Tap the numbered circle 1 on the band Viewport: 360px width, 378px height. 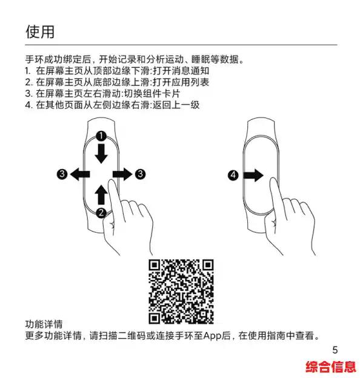pos(102,134)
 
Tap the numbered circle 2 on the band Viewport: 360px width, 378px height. pos(101,212)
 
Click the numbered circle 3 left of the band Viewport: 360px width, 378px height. pos(62,174)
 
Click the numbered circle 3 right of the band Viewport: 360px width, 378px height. pos(140,174)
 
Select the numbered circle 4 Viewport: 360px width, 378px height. pos(233,176)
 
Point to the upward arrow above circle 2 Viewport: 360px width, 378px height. pos(101,195)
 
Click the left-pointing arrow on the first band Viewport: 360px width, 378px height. pos(80,174)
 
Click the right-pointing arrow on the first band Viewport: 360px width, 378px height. pos(122,174)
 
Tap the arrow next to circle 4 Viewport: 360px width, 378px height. pos(253,176)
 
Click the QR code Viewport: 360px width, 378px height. pos(182,291)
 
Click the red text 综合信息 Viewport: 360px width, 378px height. pos(331,366)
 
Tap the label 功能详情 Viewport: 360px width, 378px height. pos(44,324)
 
